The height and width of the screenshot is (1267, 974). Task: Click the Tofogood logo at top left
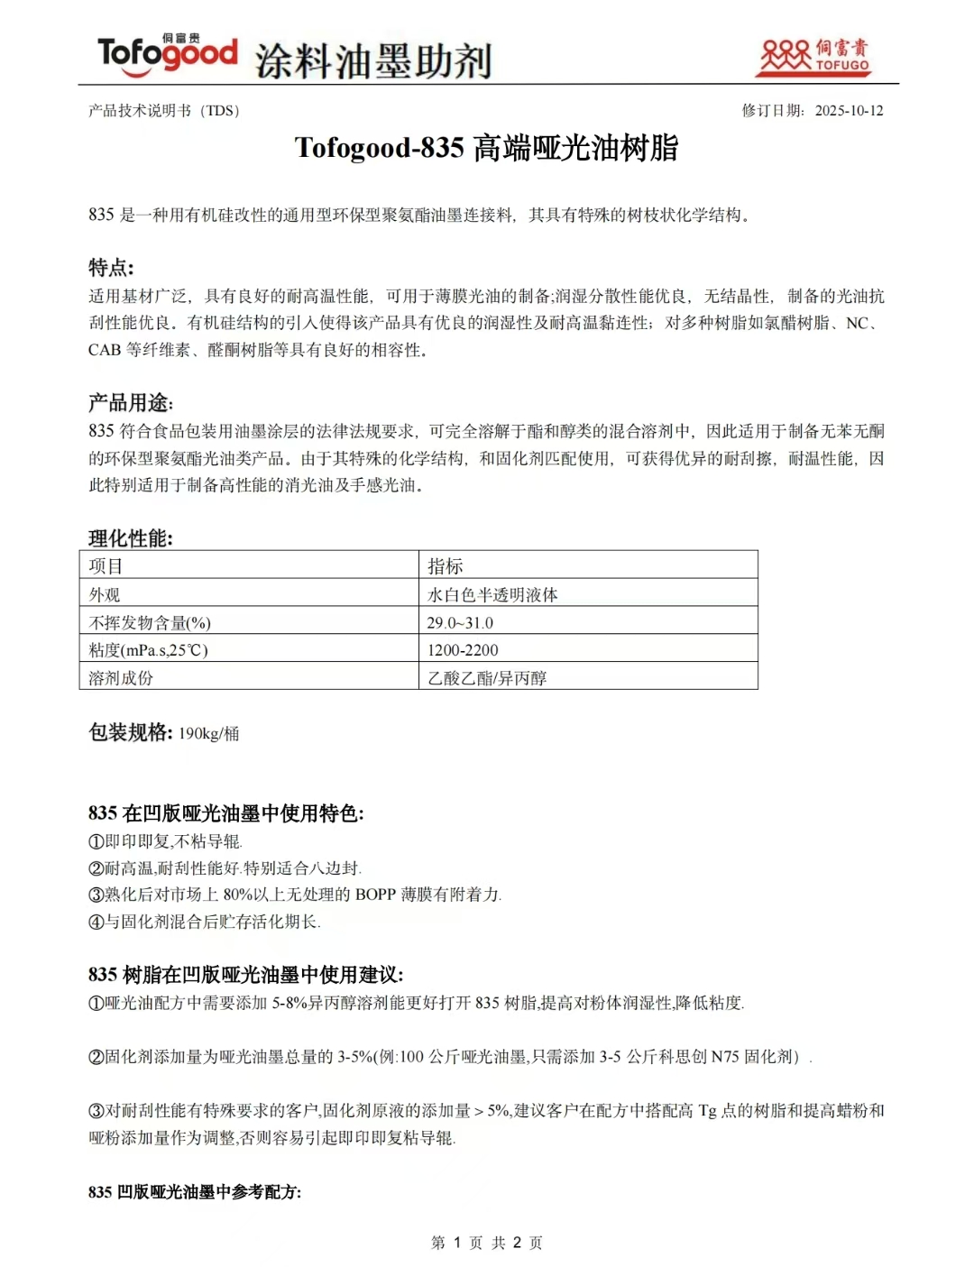tap(167, 53)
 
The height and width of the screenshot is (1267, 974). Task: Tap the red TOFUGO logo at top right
tap(814, 56)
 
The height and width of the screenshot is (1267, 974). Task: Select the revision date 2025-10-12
tap(849, 111)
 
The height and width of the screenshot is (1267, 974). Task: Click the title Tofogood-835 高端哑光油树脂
tap(486, 148)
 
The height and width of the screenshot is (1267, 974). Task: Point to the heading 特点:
tap(111, 268)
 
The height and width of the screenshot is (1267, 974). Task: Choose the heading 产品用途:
tap(131, 403)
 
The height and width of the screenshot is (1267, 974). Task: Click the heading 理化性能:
tap(131, 538)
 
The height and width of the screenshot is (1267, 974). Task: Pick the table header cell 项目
tap(106, 566)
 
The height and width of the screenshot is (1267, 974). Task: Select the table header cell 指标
tap(445, 566)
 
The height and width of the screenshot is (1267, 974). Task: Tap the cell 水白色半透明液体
tap(492, 595)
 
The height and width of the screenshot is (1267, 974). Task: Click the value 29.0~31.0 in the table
tap(460, 623)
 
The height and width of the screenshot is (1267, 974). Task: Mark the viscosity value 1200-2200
tap(463, 650)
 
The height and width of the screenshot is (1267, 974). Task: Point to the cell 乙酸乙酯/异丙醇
tap(487, 678)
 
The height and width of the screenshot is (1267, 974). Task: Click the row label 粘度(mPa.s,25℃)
tap(148, 650)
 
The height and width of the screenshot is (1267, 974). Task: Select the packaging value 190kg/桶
tap(208, 733)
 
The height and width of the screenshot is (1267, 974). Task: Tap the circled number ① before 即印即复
tap(96, 841)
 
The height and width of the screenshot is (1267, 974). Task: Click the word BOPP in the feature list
tap(375, 895)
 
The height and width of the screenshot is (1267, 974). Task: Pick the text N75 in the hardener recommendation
tap(724, 1057)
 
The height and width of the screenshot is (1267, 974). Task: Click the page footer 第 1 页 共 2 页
tap(487, 1243)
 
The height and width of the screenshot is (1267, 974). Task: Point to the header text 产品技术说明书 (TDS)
tap(164, 111)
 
